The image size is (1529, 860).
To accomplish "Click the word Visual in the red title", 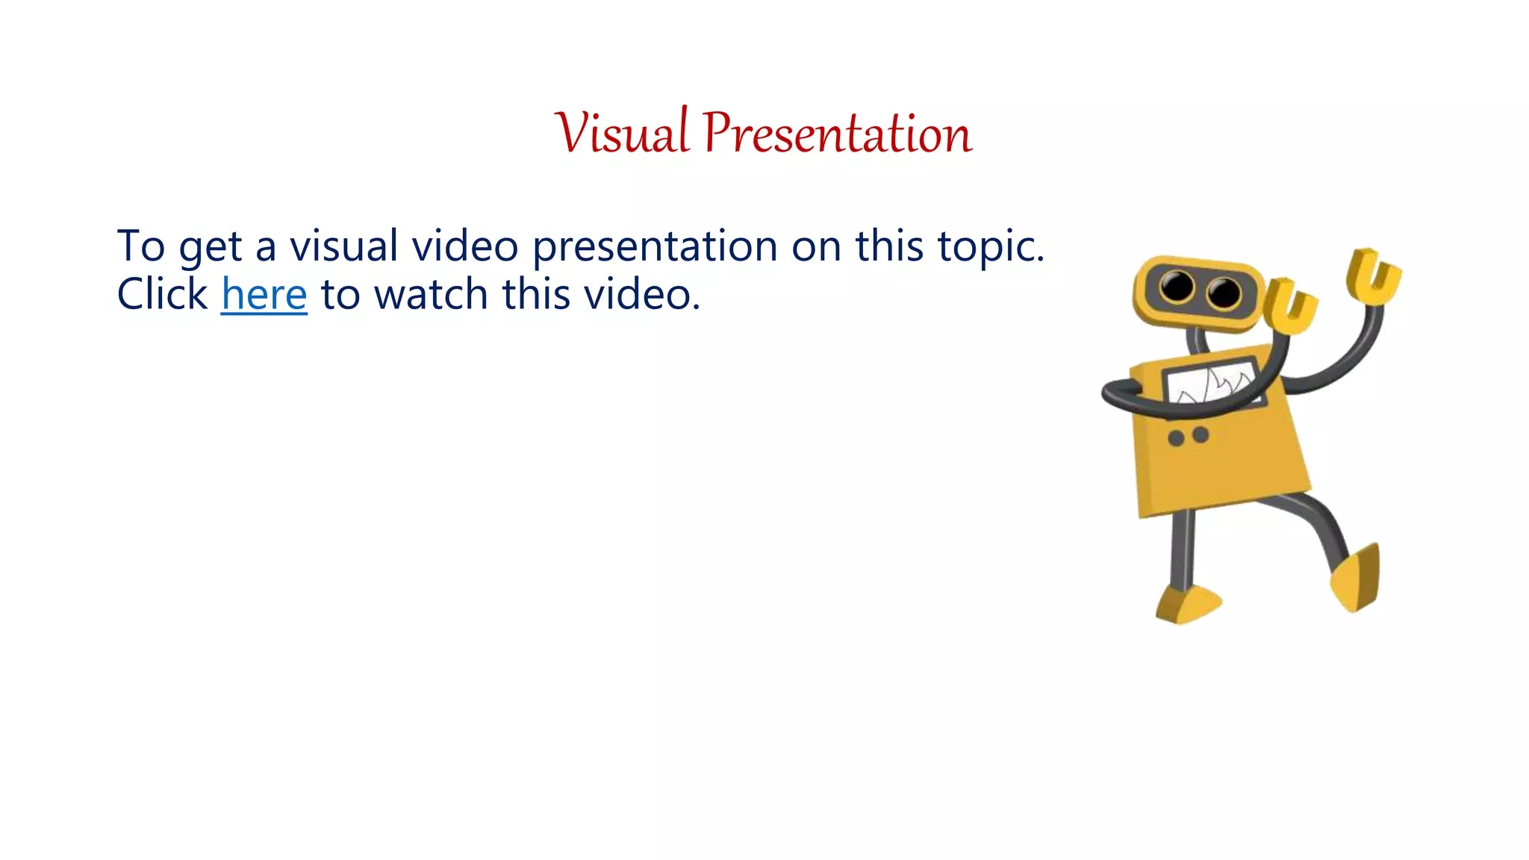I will coord(621,133).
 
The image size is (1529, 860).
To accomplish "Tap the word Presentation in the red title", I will coord(837,133).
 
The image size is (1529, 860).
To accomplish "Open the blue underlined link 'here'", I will coord(264,294).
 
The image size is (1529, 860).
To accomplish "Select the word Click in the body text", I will coord(162,294).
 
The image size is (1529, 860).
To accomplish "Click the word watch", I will coord(431,294).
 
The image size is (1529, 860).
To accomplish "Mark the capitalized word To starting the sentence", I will coord(140,246).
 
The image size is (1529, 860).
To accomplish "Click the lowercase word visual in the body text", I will coord(343,246).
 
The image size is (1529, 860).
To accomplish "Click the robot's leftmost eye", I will coord(1177,287).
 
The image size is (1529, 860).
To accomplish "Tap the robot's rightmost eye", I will coord(1224,292).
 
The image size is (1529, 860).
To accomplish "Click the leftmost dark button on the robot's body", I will coord(1176,438).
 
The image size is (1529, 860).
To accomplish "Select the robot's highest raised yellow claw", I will coord(1374,276).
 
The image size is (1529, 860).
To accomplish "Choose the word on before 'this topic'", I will coord(816,246).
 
